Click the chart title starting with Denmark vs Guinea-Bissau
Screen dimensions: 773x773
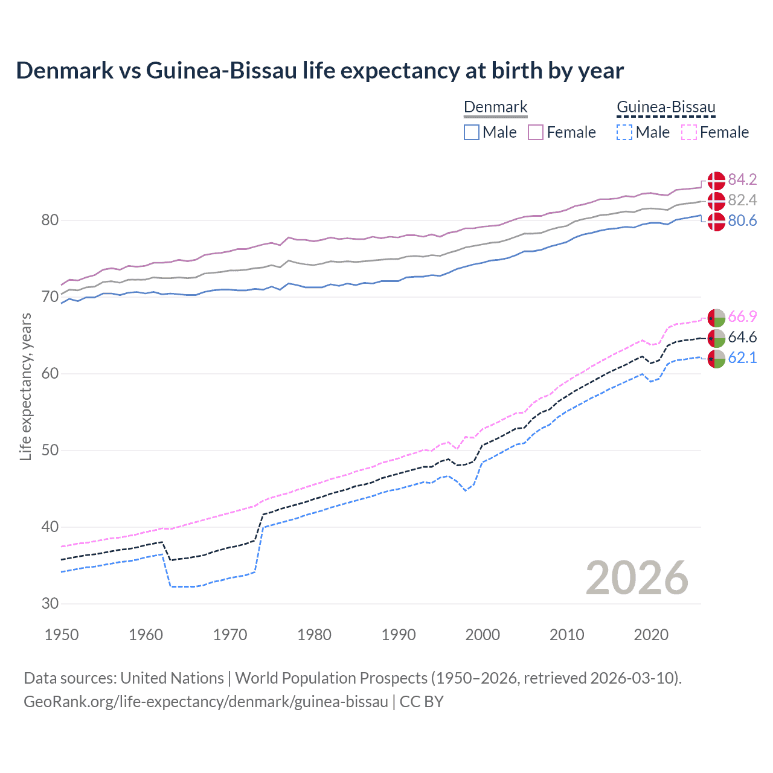319,71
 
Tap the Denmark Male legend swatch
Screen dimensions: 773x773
472,132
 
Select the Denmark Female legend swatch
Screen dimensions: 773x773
536,132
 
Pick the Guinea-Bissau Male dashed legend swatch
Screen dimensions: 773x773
624,132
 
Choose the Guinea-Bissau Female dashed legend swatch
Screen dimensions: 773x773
688,132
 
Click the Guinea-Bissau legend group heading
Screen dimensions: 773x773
666,107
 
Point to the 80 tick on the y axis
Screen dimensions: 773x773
50,220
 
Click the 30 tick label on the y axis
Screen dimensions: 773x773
50,603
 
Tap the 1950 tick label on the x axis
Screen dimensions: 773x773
62,635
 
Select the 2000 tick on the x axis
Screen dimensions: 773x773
483,635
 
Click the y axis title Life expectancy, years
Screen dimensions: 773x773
26,386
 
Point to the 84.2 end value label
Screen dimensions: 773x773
742,180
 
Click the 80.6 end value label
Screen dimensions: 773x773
742,221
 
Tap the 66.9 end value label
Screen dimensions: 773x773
742,317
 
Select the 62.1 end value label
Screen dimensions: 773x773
742,358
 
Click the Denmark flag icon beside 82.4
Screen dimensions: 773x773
716,200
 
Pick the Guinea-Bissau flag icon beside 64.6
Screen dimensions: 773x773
716,338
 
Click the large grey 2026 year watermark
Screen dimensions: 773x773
637,578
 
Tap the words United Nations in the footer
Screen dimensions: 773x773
172,678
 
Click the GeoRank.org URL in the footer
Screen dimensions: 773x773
206,702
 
